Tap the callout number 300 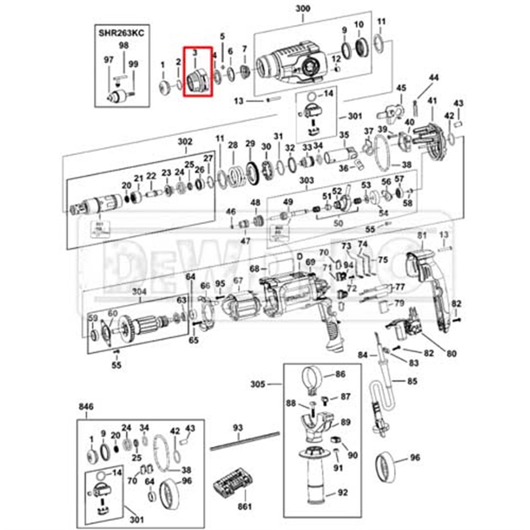[303, 9]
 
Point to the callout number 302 [185, 142]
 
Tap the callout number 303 [306, 181]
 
